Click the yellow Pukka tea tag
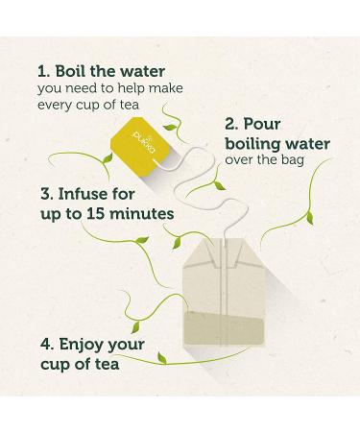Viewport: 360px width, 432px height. pos(140,146)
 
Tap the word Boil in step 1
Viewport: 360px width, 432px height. pos(70,71)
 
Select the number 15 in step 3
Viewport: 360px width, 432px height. pos(95,213)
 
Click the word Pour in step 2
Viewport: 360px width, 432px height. pos(262,124)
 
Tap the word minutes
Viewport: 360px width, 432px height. pos(142,213)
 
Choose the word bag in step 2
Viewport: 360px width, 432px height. pos(293,160)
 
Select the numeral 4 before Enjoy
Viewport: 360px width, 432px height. pos(46,344)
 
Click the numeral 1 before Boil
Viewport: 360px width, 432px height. pos(42,71)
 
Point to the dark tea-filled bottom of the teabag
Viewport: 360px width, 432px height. pos(225,328)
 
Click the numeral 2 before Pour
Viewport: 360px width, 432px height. pos(230,124)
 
